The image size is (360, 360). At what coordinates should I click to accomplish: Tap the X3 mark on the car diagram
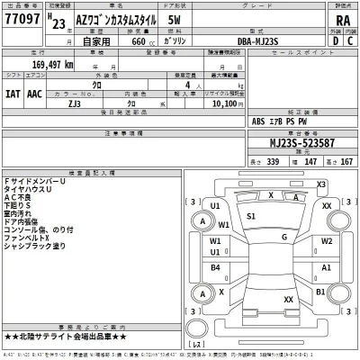pyautogui.click(x=319, y=184)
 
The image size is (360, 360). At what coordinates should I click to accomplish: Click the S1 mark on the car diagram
pyautogui.click(x=251, y=217)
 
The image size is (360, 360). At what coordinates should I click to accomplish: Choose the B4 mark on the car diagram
pyautogui.click(x=217, y=267)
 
